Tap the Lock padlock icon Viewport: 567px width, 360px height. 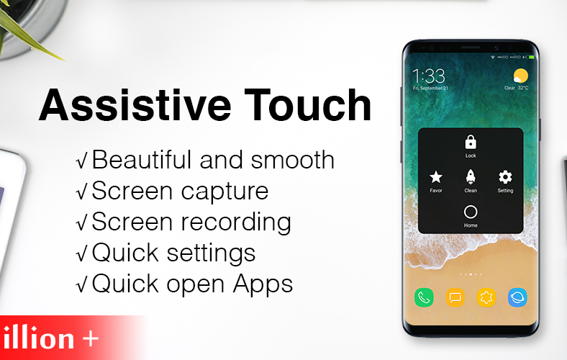[471, 142]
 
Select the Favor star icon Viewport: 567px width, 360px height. [436, 177]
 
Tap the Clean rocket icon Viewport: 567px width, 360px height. [471, 177]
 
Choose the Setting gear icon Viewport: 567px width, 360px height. [505, 177]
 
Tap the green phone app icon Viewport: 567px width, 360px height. [424, 297]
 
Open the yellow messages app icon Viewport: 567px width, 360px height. [455, 297]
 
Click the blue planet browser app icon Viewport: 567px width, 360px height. [518, 297]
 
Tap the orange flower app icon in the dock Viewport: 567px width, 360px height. [486, 297]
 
